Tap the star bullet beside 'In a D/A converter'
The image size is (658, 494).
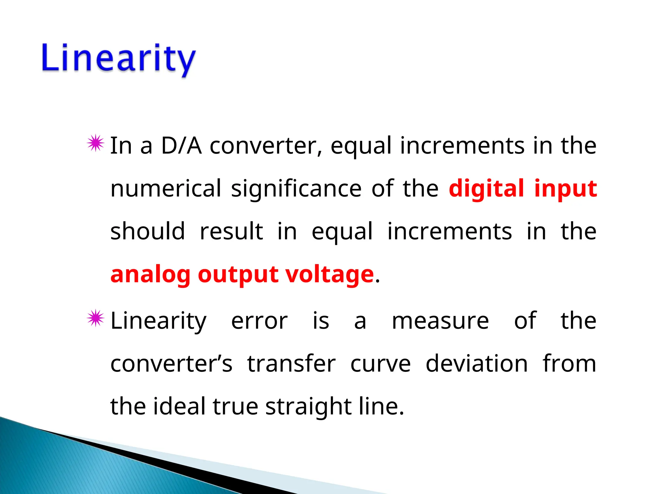pyautogui.click(x=95, y=143)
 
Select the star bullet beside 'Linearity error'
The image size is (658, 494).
pyautogui.click(x=95, y=318)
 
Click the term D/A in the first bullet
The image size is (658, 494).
pyautogui.click(x=182, y=146)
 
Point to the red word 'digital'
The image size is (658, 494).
pyautogui.click(x=486, y=188)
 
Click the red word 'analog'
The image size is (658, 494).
pyautogui.click(x=150, y=275)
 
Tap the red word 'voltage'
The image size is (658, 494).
pyautogui.click(x=330, y=275)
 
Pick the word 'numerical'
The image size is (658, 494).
pyautogui.click(x=166, y=188)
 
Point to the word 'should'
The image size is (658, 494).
pyautogui.click(x=147, y=231)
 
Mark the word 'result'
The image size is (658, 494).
pyautogui.click(x=231, y=231)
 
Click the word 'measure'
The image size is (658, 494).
pyautogui.click(x=440, y=321)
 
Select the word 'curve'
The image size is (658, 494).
pyautogui.click(x=380, y=364)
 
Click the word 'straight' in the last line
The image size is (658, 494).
pyautogui.click(x=308, y=407)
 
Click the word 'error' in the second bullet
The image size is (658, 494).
pyautogui.click(x=259, y=321)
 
